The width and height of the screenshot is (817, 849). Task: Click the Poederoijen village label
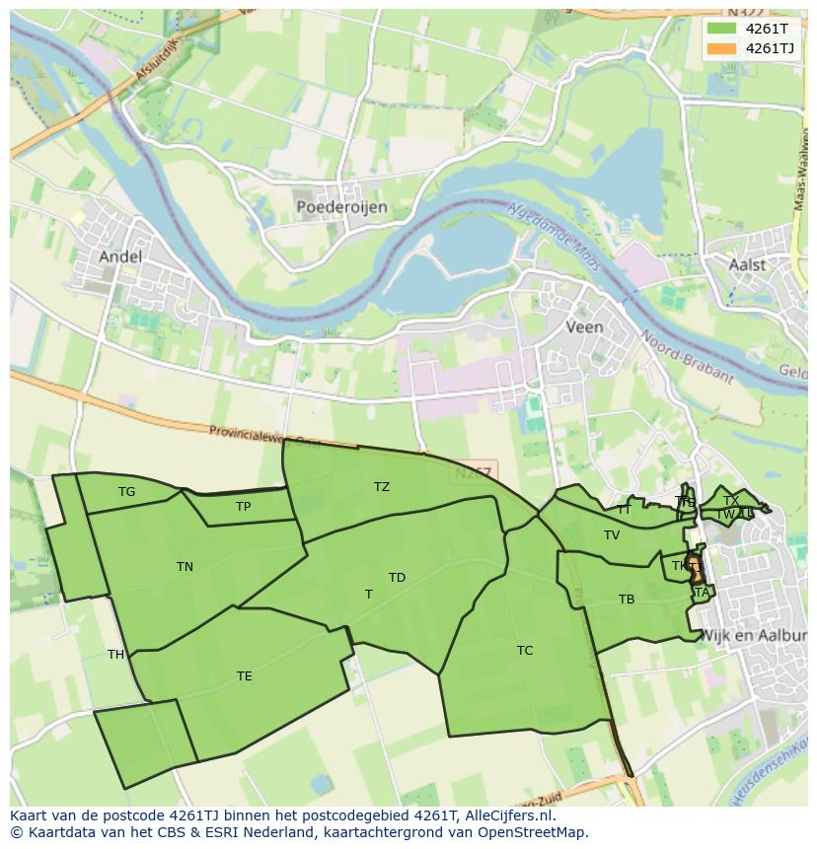341,207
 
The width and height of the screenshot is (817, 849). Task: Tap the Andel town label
120,256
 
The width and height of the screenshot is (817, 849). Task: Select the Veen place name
584,326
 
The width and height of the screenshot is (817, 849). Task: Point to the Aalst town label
746,265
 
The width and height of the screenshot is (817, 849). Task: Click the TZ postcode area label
382,487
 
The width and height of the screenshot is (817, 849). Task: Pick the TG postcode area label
126,492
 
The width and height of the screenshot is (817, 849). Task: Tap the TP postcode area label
243,507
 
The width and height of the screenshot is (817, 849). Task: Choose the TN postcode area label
185,566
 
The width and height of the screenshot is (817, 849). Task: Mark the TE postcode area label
244,676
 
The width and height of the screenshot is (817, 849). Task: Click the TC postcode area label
525,650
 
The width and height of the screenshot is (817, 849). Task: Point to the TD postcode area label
397,578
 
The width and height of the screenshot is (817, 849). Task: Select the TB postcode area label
627,600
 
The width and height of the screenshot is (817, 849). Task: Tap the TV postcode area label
612,535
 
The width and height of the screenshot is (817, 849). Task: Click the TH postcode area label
116,655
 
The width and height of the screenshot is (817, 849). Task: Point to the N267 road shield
474,473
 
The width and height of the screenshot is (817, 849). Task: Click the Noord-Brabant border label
688,356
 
